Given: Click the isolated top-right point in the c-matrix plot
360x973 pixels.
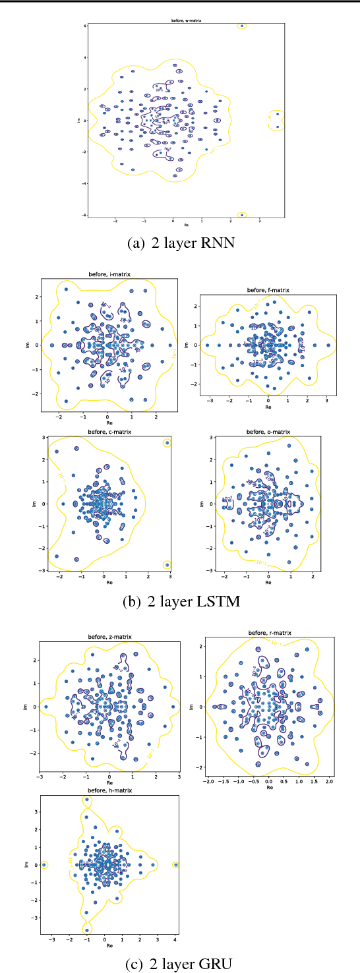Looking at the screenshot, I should pos(167,443).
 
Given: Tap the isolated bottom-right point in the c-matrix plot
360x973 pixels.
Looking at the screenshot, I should pos(167,565).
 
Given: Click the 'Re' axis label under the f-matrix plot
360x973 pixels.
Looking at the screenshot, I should pos(268,407).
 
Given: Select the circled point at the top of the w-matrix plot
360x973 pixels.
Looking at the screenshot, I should pos(242,26).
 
